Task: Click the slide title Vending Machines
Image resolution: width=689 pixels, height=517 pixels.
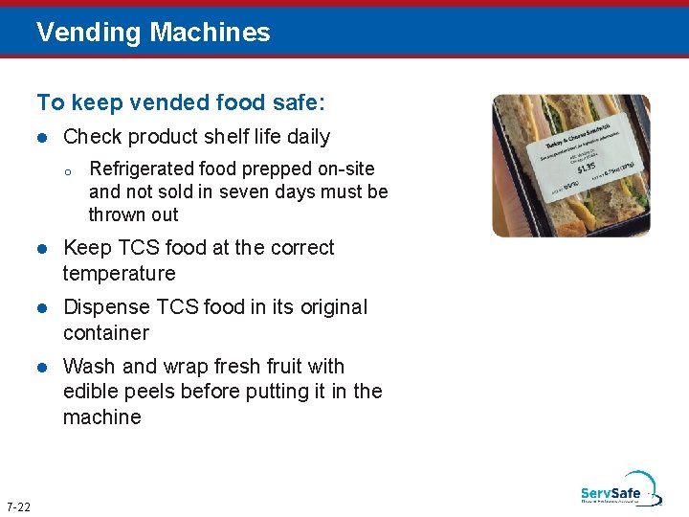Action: tap(153, 33)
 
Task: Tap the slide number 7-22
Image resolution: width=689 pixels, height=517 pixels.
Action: tap(18, 506)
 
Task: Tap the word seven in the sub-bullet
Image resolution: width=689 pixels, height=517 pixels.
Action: tap(247, 191)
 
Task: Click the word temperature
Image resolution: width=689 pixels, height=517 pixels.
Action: tap(119, 274)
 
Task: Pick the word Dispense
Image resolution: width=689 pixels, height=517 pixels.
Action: tap(102, 307)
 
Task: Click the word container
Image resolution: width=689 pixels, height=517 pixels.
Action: tap(105, 333)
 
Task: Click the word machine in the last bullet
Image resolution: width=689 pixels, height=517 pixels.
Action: tap(101, 417)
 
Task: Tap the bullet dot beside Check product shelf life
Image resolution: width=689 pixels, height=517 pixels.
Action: tap(42, 138)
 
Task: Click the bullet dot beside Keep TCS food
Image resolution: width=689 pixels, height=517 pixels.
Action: tap(42, 249)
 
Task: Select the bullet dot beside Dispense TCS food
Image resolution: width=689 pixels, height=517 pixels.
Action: tap(42, 308)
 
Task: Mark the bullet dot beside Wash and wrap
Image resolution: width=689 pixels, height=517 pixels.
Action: tap(42, 368)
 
